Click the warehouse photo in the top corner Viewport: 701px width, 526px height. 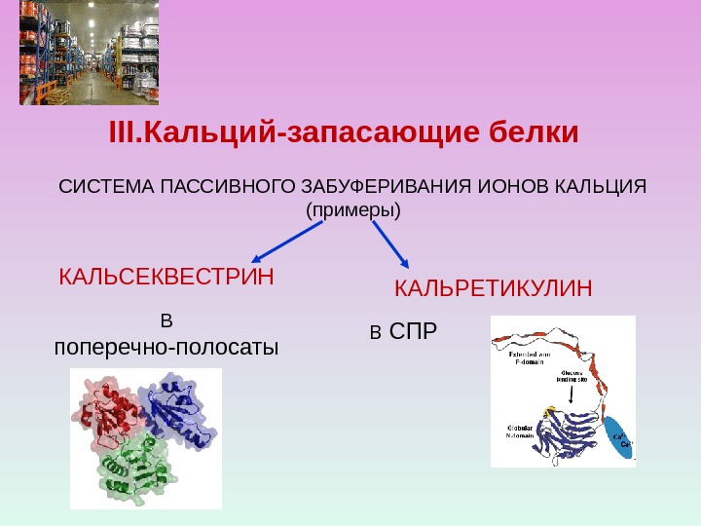[x=89, y=54]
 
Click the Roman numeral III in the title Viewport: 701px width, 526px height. [x=124, y=131]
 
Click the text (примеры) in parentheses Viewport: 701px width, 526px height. [x=353, y=209]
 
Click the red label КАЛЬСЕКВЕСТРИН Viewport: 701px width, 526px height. [x=166, y=278]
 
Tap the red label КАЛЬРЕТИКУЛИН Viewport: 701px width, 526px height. [x=494, y=289]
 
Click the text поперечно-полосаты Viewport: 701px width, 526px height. [x=166, y=347]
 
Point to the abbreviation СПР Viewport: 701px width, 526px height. [x=414, y=334]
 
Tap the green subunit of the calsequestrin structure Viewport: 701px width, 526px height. [x=131, y=468]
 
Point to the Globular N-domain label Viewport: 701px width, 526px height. [x=521, y=432]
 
